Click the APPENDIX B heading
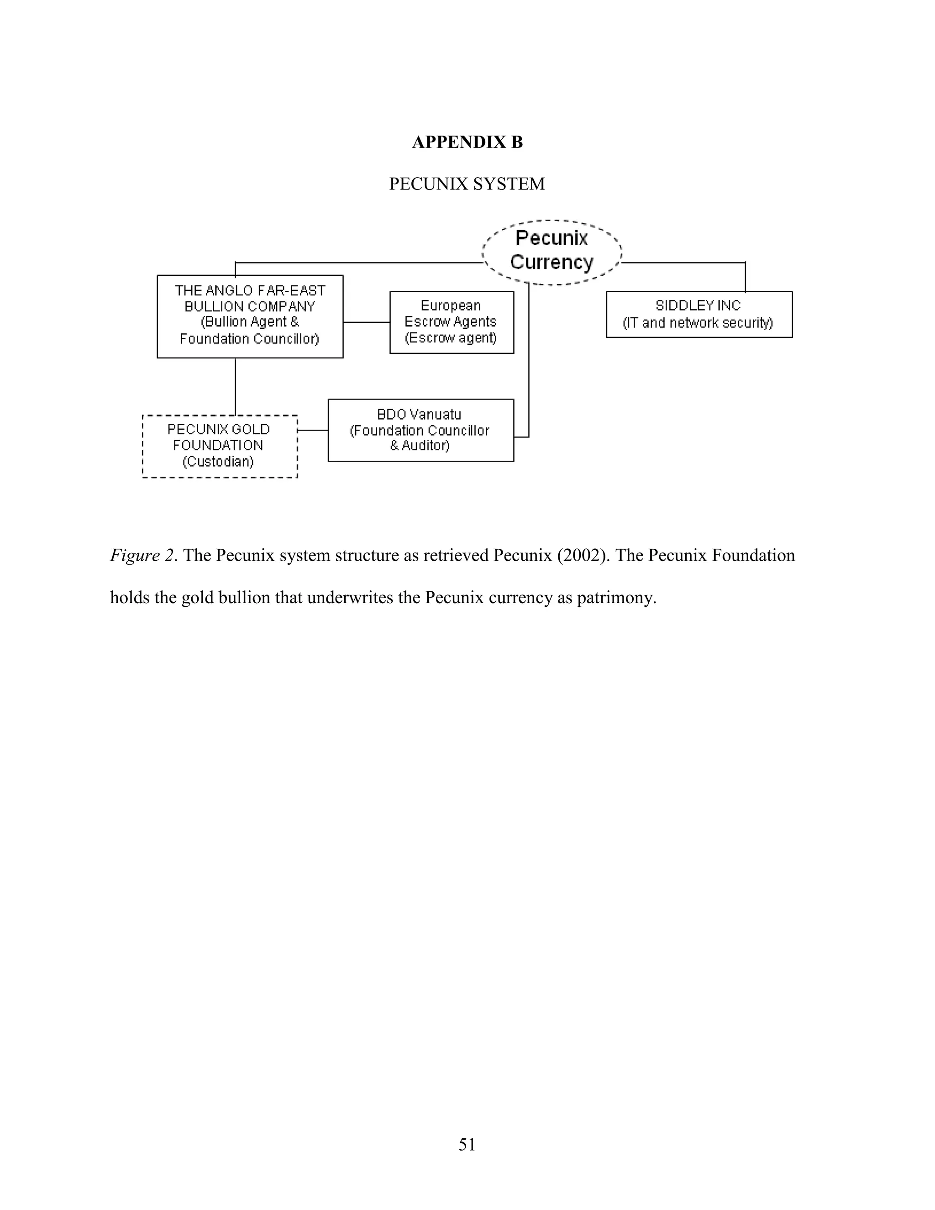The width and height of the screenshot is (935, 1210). pos(467,142)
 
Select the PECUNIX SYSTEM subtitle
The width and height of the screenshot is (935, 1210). pos(467,184)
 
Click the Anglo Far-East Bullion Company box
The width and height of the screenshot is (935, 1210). pos(250,316)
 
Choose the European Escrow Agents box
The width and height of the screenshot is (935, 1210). pos(452,322)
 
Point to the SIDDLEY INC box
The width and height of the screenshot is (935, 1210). pos(699,314)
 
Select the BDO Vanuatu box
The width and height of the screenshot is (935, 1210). pos(420,430)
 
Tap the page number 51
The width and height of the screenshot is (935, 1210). pos(467,1145)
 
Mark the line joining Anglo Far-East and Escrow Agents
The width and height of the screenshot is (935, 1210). pos(366,322)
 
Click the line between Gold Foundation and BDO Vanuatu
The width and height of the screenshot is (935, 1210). pos(312,430)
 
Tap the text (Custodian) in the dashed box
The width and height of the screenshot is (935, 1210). pos(218,462)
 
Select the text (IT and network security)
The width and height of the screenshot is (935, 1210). pos(698,322)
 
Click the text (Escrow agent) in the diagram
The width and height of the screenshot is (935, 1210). pos(451,337)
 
